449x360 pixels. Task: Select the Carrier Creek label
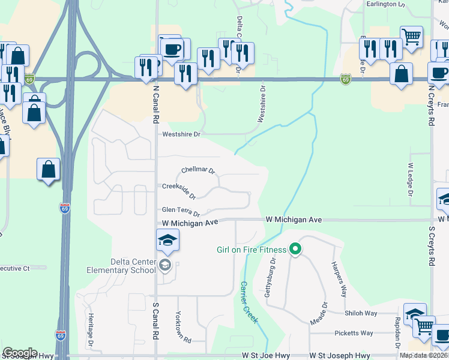point(249,302)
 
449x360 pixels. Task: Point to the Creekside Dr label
point(179,191)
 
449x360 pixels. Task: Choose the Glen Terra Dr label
point(180,211)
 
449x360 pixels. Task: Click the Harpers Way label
point(339,279)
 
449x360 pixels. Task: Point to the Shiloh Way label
point(361,313)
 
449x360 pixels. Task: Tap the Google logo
point(20,353)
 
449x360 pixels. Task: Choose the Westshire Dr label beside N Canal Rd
point(181,134)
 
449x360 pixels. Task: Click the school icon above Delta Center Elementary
point(167,241)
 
